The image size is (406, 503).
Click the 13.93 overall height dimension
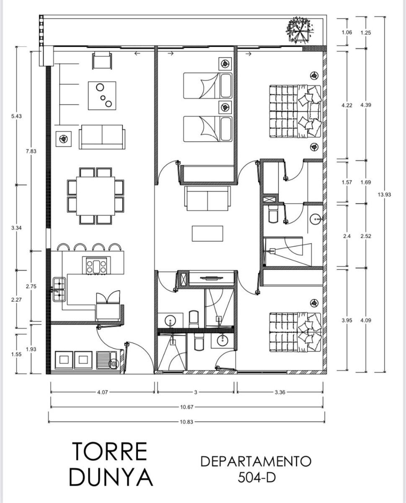[384, 194]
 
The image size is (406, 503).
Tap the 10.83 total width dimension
[186, 422]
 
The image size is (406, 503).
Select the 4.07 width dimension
[103, 392]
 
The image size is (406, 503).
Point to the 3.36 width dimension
[280, 392]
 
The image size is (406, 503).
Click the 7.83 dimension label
[31, 151]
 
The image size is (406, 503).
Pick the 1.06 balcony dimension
[347, 32]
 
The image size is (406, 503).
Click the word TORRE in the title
[110, 451]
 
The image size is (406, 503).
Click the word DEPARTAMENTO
[256, 461]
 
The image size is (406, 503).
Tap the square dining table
[96, 196]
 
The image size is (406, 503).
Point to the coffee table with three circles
[102, 96]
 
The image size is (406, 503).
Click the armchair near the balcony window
[102, 60]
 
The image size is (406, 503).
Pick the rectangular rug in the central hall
[207, 233]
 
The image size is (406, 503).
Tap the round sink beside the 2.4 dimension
[315, 219]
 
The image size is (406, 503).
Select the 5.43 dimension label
[16, 116]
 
